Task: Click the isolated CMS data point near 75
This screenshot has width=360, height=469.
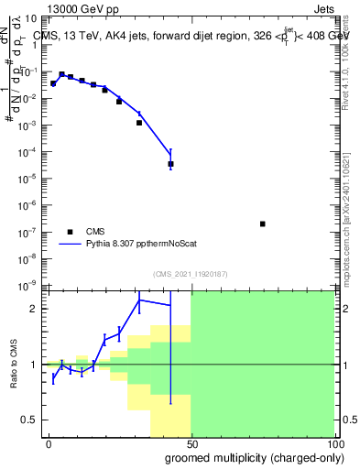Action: coord(263,224)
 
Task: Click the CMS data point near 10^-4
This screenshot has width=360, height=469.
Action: coord(171,164)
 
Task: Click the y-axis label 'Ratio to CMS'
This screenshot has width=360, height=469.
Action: coord(15,365)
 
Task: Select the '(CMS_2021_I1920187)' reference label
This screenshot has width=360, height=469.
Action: coord(190,274)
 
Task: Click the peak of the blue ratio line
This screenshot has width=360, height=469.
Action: coord(140,300)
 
